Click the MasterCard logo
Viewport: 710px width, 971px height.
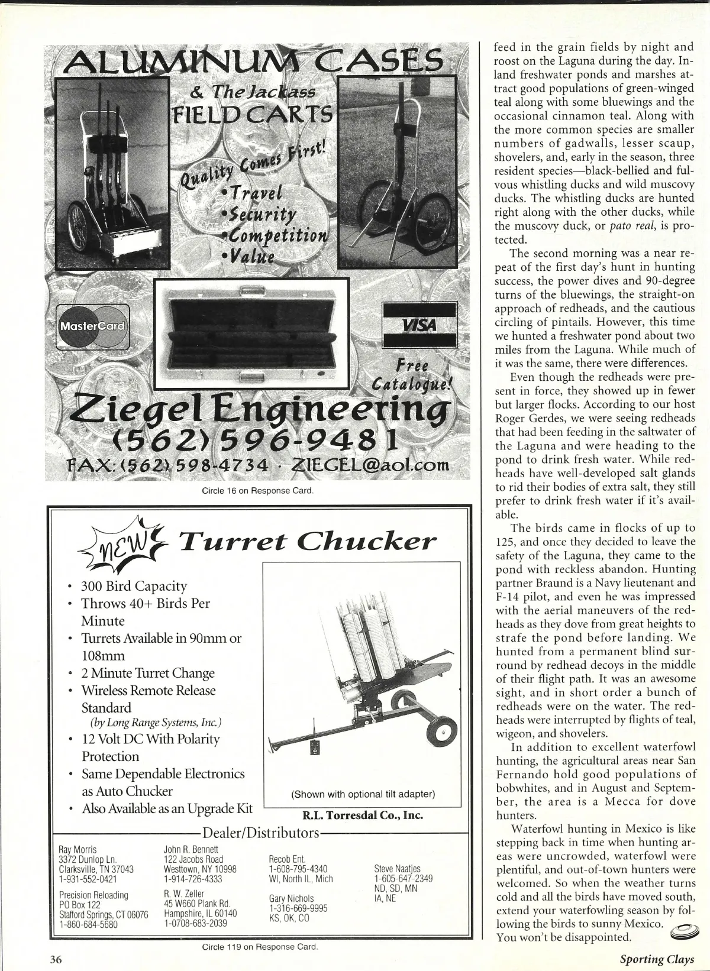click(92, 326)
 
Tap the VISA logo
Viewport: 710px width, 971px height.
click(419, 325)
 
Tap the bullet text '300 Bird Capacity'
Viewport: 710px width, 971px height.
click(134, 586)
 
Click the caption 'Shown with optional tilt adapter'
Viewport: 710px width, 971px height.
click(363, 794)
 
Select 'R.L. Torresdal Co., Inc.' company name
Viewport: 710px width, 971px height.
click(363, 815)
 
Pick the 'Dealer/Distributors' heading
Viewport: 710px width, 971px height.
click(261, 833)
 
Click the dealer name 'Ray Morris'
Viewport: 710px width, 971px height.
click(78, 850)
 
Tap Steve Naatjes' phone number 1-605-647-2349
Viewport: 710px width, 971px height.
click(404, 878)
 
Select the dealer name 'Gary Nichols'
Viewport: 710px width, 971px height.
click(291, 899)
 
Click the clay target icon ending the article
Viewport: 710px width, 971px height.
click(682, 933)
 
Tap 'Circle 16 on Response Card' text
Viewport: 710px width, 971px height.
click(257, 490)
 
